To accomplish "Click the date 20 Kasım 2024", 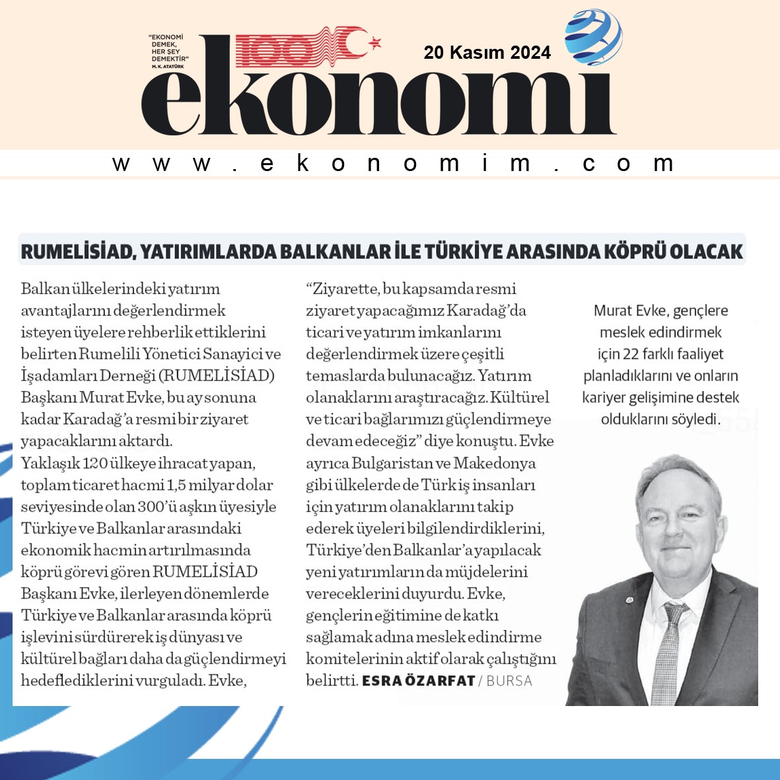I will click(x=487, y=52).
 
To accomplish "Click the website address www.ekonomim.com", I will click(x=392, y=163).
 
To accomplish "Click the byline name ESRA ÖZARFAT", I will click(x=418, y=680).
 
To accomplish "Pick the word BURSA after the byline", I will click(x=509, y=680).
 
